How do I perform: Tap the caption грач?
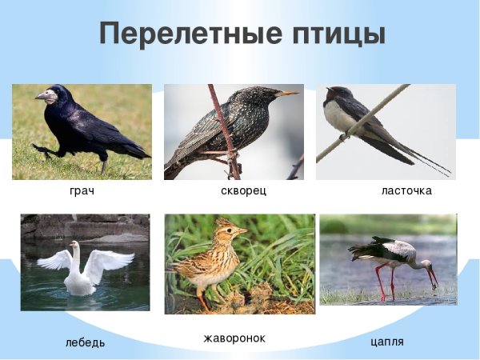[x=82, y=192]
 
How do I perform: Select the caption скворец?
[x=243, y=192]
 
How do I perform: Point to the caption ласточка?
[x=406, y=192]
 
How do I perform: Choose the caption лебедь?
[x=85, y=343]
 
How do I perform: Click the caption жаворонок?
[x=234, y=338]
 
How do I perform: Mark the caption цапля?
[x=387, y=342]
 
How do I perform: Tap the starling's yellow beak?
[x=286, y=94]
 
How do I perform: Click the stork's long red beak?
[x=432, y=277]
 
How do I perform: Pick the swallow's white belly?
[x=342, y=119]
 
